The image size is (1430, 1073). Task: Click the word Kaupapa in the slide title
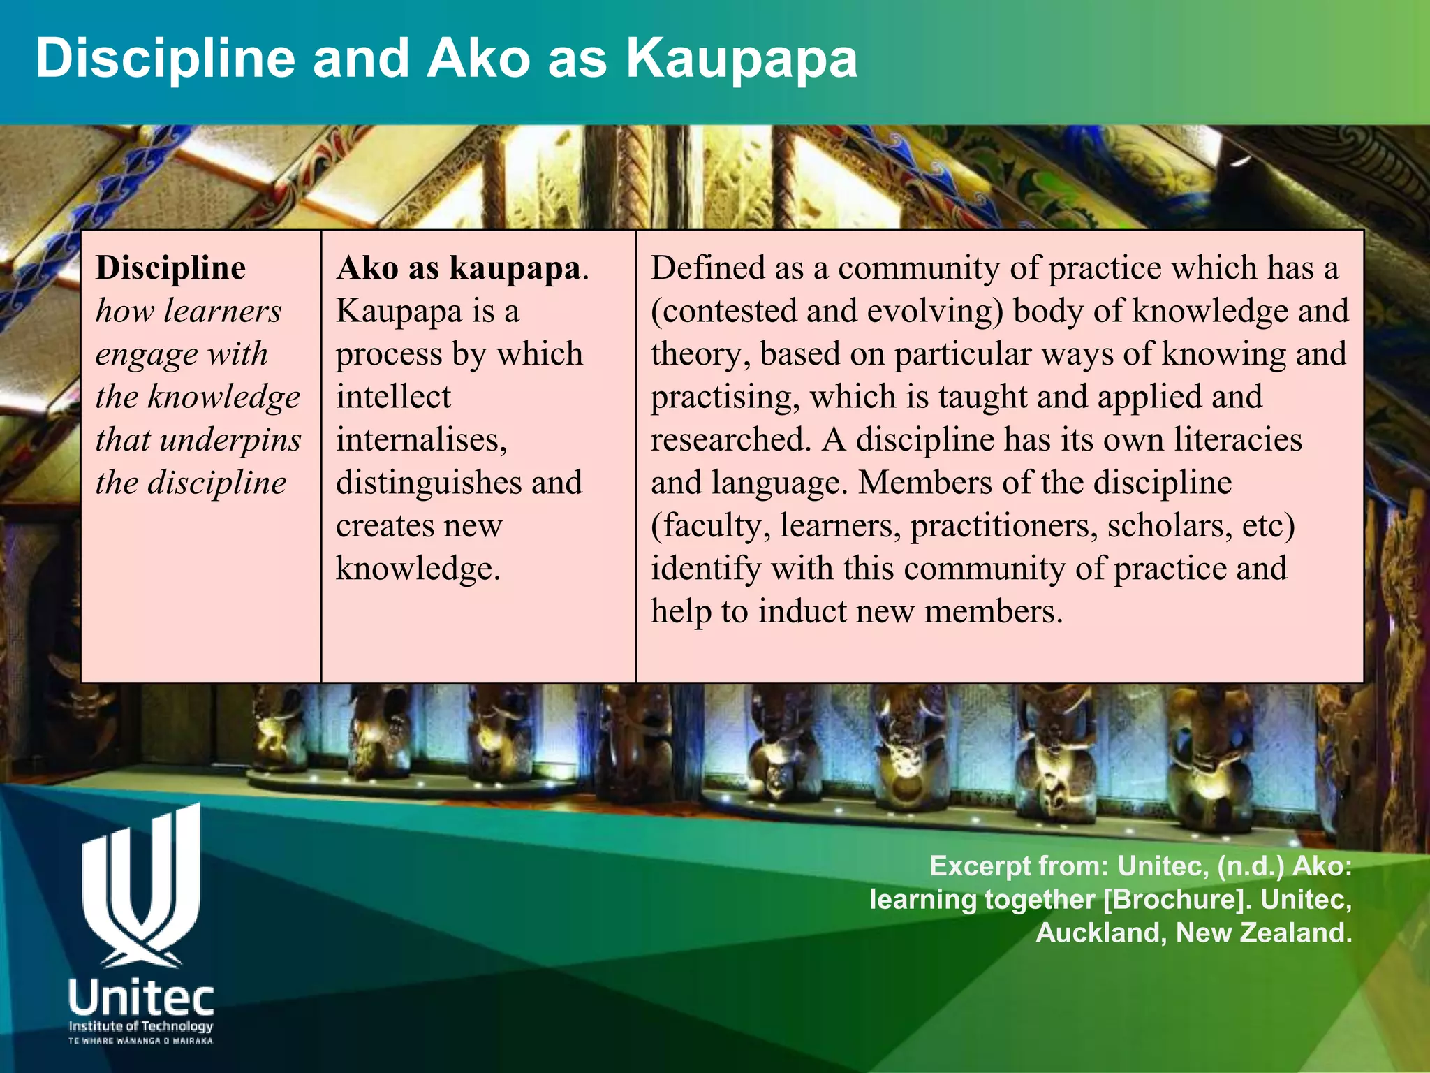tap(741, 59)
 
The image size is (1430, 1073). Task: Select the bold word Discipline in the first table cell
tap(171, 268)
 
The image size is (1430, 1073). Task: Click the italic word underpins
tap(230, 440)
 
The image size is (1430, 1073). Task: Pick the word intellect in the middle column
tap(393, 397)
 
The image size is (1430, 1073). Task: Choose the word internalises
tap(421, 440)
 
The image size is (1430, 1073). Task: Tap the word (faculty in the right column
tap(710, 526)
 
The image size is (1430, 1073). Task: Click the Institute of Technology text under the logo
tap(140, 1026)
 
